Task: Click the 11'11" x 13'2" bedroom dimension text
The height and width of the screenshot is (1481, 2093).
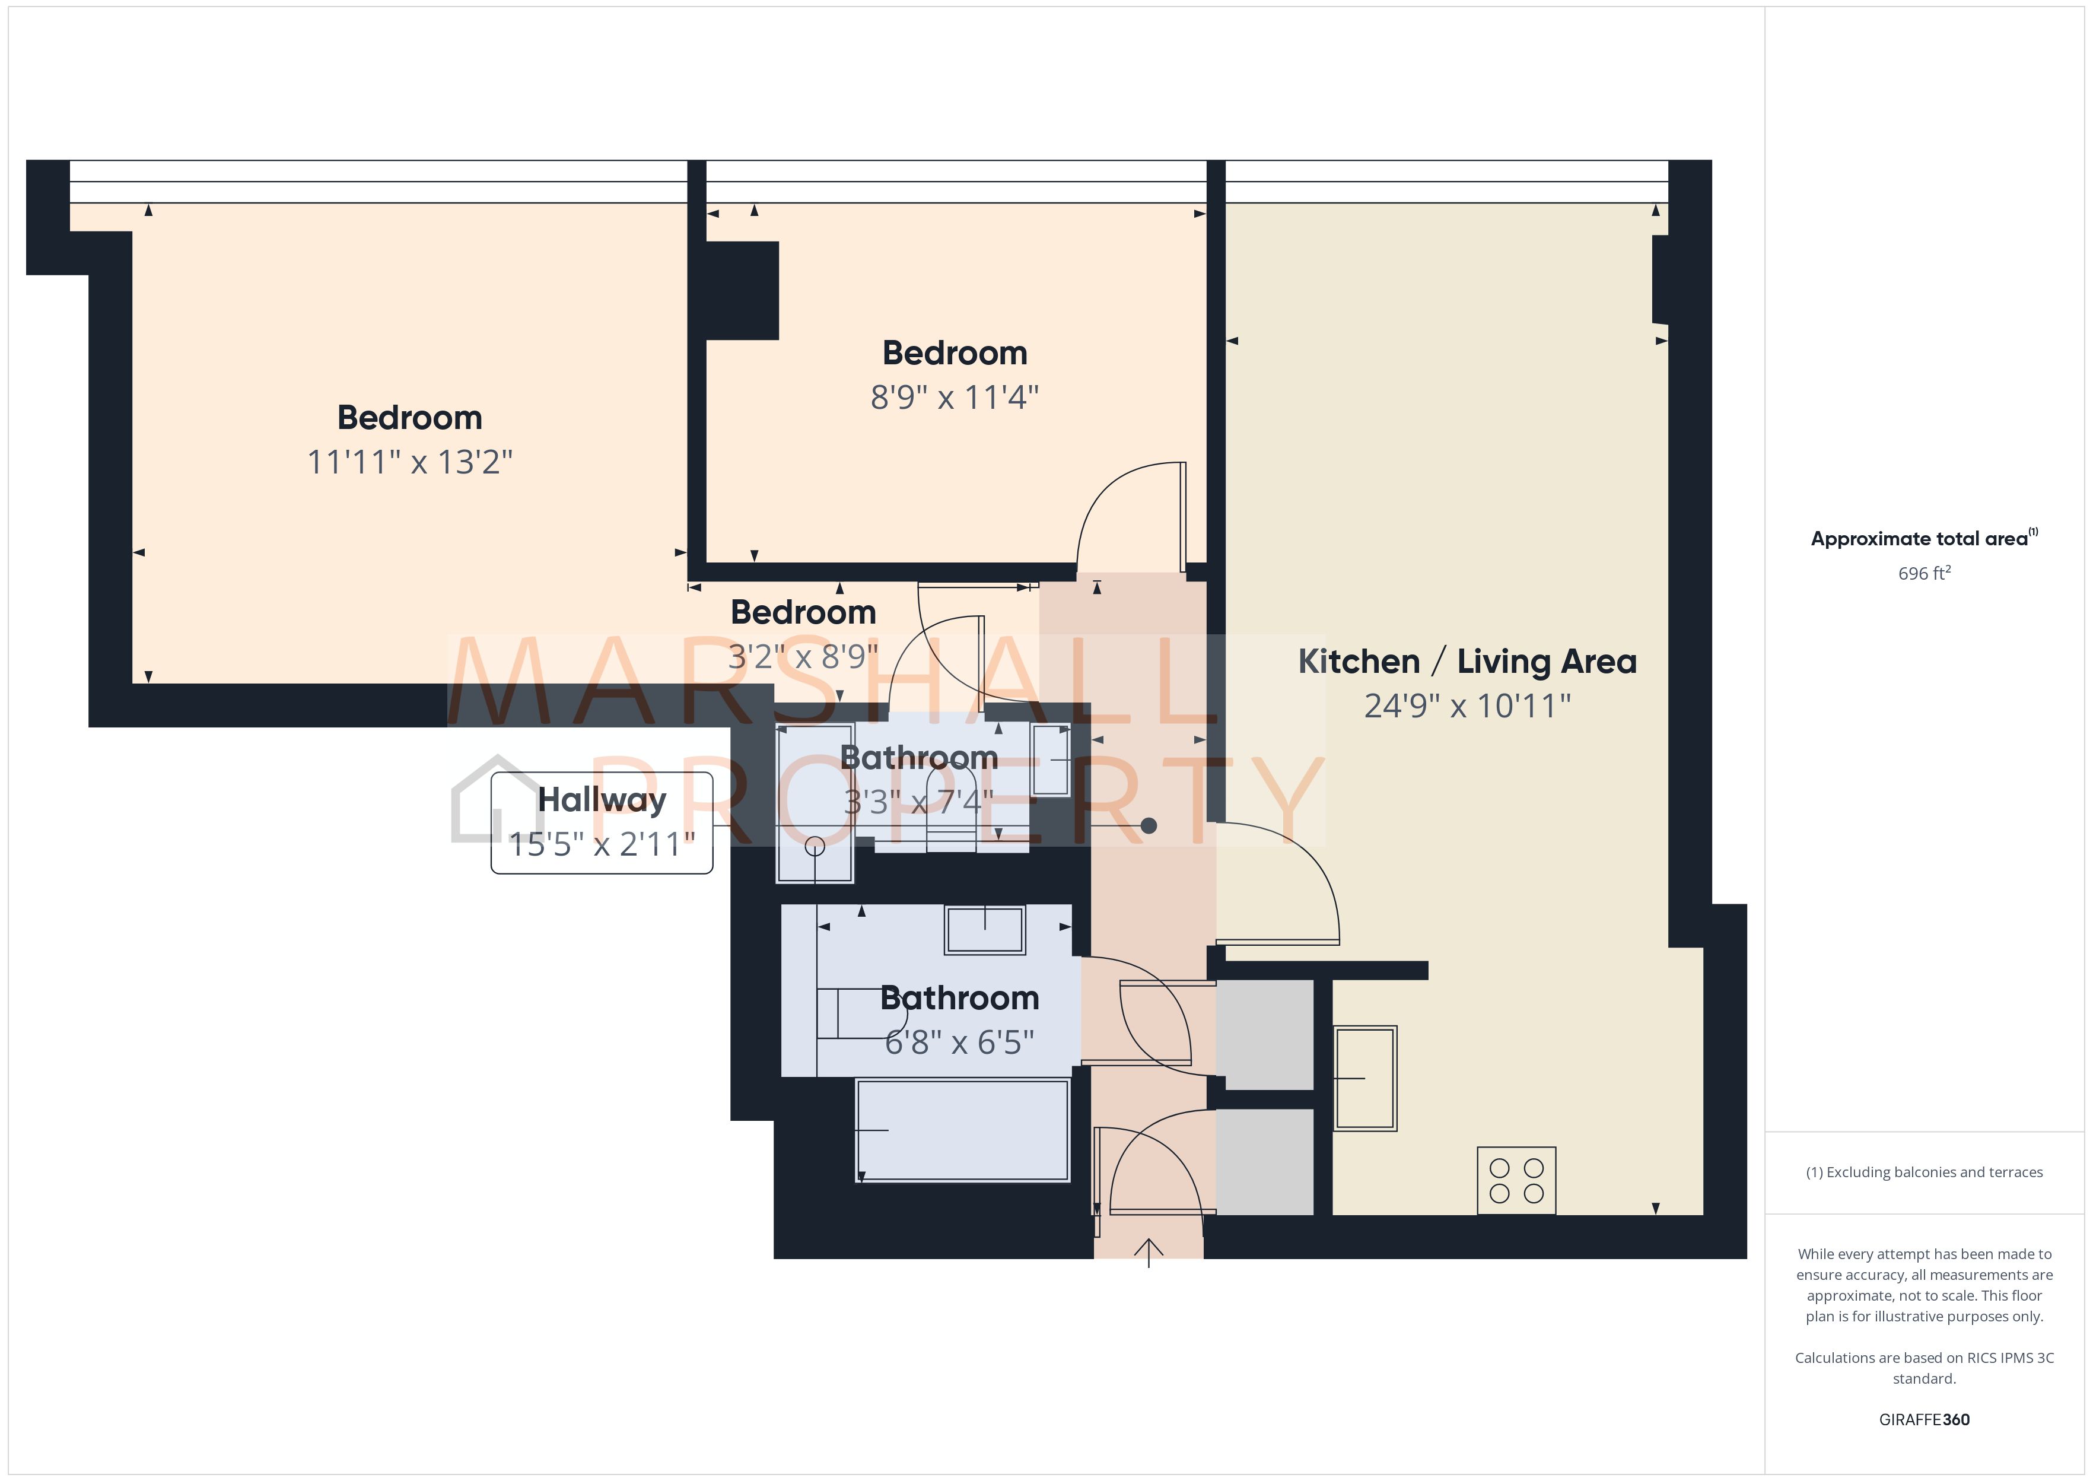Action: [x=409, y=462]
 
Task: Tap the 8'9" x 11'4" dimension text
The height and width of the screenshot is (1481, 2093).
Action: [x=955, y=398]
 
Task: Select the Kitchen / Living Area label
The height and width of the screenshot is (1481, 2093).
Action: [x=1467, y=661]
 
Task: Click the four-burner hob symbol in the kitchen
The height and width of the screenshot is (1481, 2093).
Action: [x=1516, y=1180]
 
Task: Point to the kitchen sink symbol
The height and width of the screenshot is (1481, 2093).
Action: [x=1364, y=1078]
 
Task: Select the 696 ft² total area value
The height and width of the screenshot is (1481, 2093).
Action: [x=1923, y=574]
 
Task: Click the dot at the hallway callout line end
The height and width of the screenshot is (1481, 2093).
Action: [x=1149, y=825]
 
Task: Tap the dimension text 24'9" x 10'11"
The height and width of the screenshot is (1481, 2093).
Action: [x=1467, y=706]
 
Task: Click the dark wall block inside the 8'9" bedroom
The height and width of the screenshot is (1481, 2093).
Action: [x=742, y=290]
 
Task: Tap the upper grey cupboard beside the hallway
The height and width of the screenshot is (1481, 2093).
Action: [x=1264, y=1034]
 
